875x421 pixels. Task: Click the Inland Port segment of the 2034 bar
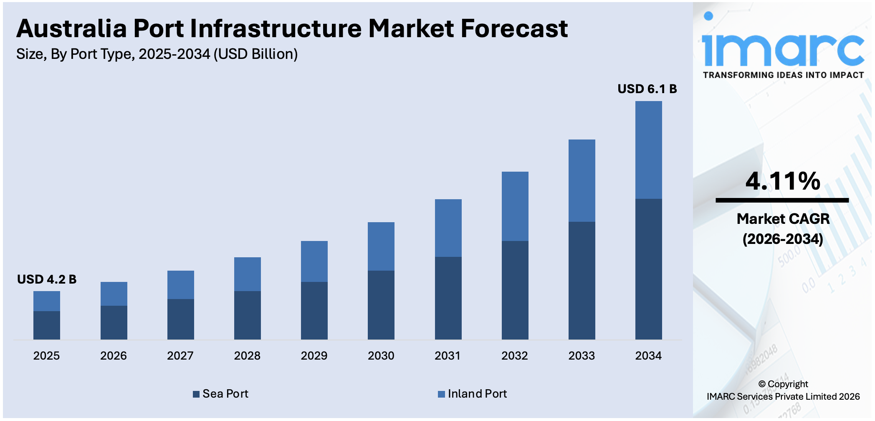coord(648,150)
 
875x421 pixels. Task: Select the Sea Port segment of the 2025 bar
coord(47,325)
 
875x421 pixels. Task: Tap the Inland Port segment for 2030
coord(381,246)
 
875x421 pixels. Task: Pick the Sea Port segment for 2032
coord(515,290)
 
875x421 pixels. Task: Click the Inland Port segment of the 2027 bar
coord(180,285)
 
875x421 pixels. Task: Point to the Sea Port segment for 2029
coord(314,311)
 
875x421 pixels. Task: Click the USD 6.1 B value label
coord(647,89)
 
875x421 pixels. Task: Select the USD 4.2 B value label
coord(47,279)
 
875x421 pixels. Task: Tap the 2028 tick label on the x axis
coord(247,356)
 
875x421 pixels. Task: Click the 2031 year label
coord(448,356)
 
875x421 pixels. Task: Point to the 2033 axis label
coord(582,356)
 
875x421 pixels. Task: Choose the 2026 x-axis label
coord(114,356)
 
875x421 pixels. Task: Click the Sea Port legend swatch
coord(196,394)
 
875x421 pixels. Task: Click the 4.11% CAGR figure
coord(783,181)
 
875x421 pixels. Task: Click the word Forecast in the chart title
coord(514,29)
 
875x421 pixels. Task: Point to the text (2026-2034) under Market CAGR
coord(783,239)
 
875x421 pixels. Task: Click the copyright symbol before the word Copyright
coord(762,384)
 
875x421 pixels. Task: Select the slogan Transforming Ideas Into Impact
coord(783,75)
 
